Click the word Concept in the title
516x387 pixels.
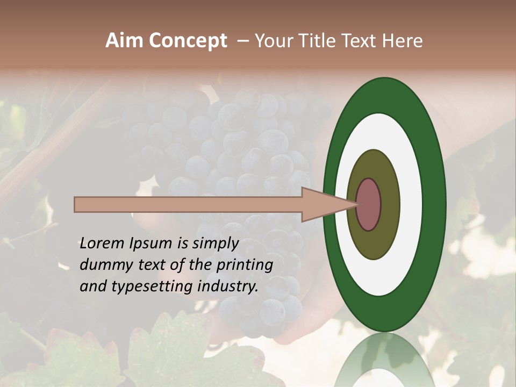click(188, 41)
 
